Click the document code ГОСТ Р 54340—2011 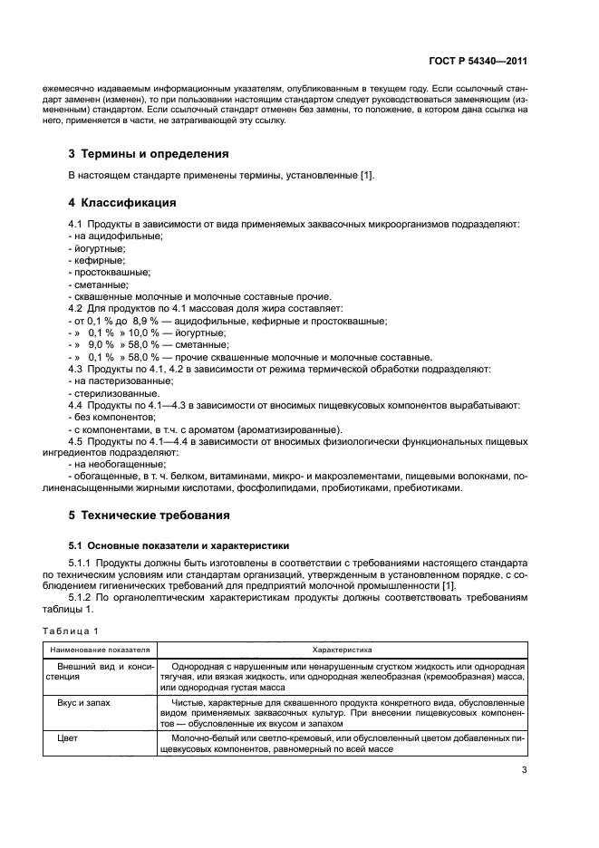click(478, 62)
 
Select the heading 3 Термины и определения click(149, 153)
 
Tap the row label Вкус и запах click(90, 702)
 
